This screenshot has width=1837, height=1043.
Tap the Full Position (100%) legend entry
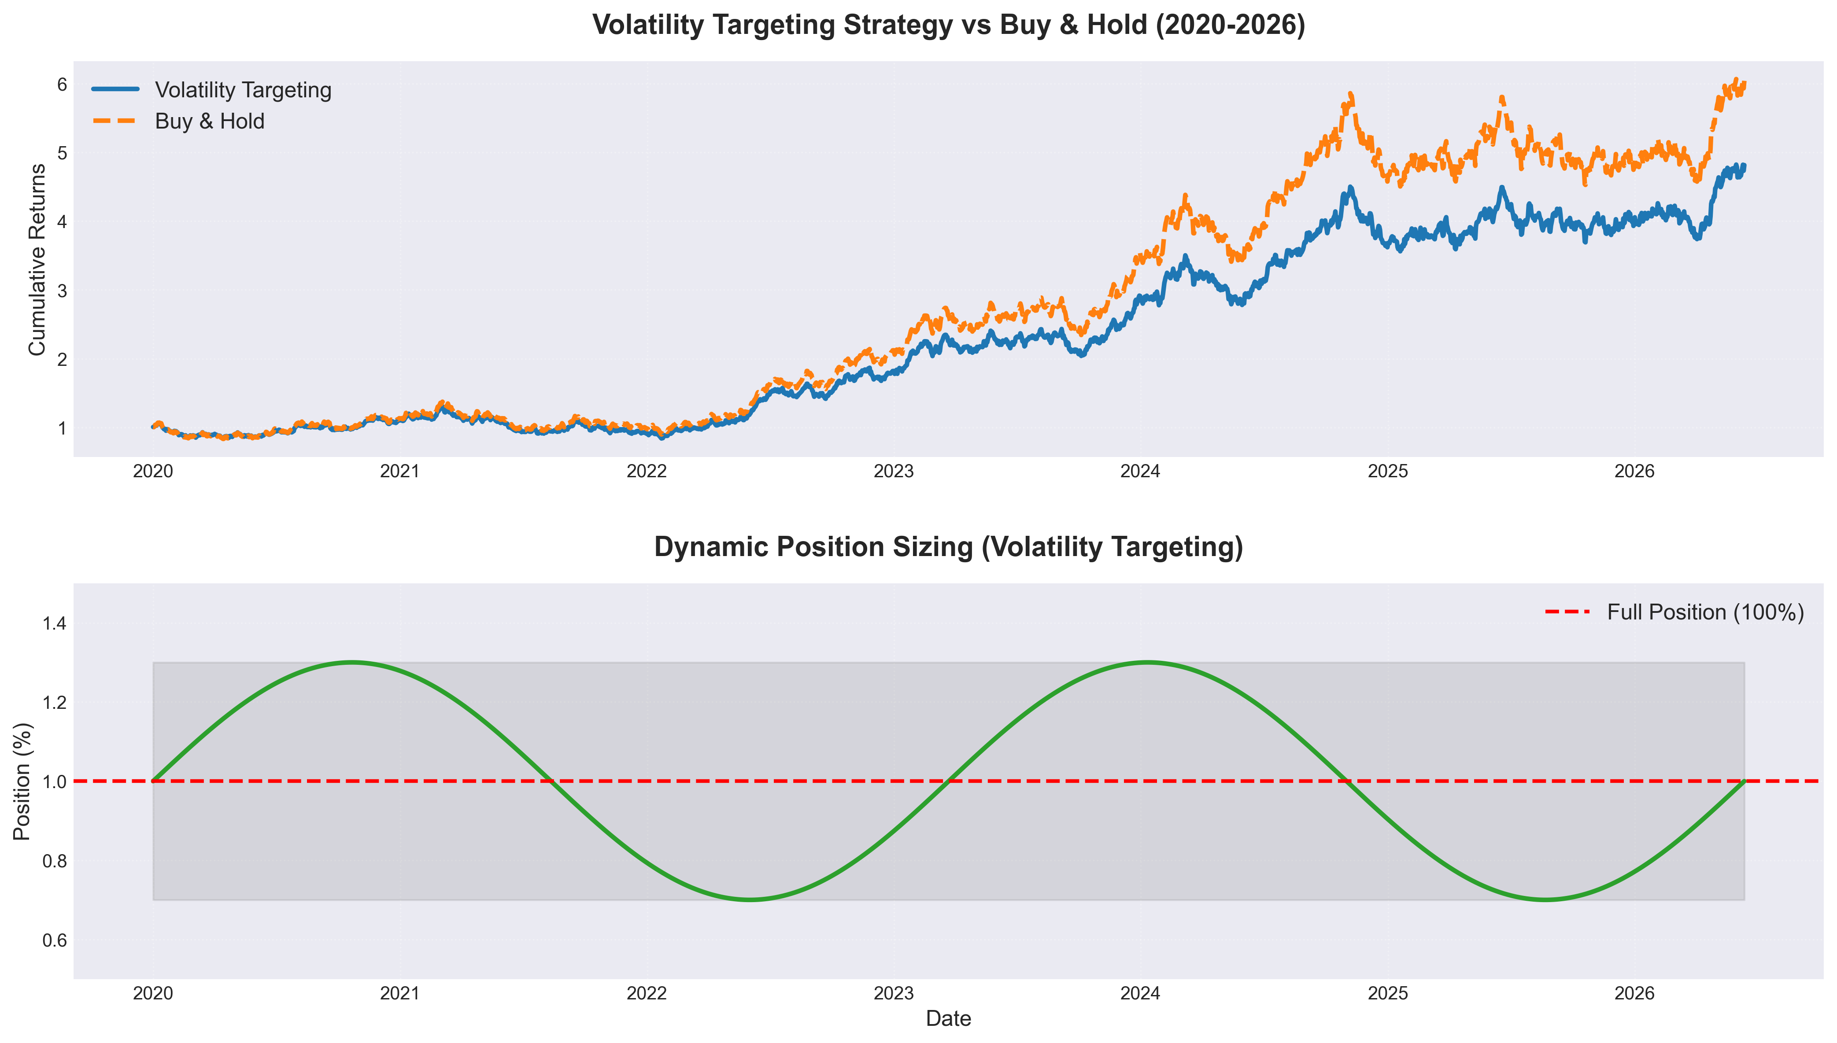click(1674, 612)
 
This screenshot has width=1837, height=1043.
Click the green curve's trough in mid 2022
click(750, 900)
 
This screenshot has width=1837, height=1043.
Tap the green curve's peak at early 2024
click(1148, 663)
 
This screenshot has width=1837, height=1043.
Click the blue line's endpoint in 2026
click(1745, 166)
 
